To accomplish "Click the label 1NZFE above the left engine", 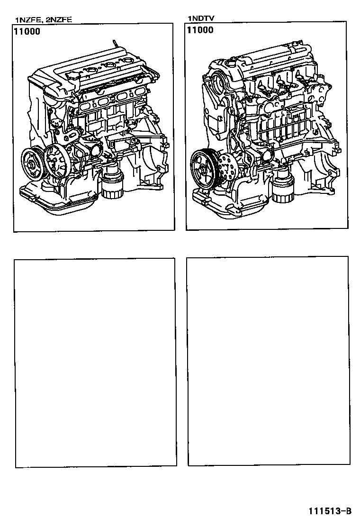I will [27, 20].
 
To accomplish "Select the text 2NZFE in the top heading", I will [59, 20].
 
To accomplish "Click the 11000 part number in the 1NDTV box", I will [200, 30].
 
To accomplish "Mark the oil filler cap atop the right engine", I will [232, 62].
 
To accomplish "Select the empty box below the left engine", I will [95, 363].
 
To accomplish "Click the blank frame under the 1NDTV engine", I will [268, 360].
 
